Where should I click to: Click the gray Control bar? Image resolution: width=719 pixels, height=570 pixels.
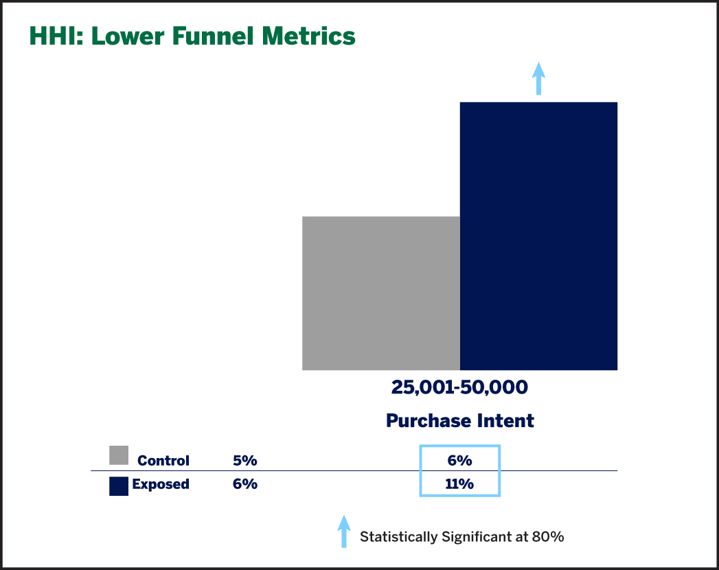click(381, 293)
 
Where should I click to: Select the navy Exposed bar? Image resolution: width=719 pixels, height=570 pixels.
click(539, 236)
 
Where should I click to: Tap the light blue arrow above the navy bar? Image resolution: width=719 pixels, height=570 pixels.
click(539, 78)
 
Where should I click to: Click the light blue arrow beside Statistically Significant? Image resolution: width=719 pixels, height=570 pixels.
click(344, 531)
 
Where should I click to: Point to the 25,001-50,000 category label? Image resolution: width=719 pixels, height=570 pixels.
click(459, 387)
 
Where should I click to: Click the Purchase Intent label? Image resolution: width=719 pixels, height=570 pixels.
click(460, 420)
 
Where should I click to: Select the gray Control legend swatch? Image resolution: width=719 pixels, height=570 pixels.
click(119, 455)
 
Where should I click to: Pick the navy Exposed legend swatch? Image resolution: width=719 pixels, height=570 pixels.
click(119, 486)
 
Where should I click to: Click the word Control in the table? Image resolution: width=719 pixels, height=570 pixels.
click(163, 460)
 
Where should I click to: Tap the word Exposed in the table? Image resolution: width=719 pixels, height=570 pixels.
click(161, 484)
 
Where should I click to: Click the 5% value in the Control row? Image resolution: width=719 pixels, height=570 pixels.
click(245, 460)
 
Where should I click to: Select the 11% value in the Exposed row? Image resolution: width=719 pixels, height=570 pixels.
click(459, 483)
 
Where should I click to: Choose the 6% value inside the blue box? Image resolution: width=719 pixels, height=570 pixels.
click(460, 460)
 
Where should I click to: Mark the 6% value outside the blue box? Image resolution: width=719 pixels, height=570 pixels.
click(245, 483)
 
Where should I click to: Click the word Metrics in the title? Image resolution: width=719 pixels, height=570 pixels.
click(308, 36)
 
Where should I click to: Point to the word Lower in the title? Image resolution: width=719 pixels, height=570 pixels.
click(128, 36)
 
